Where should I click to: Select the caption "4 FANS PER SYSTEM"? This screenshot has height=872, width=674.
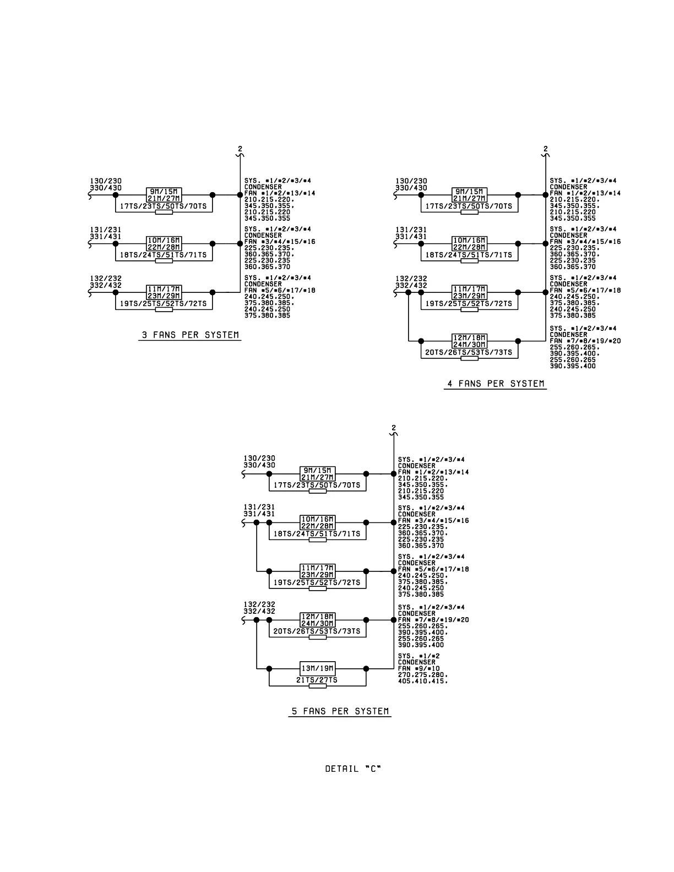pos(496,384)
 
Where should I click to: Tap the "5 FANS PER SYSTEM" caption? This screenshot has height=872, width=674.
pos(340,711)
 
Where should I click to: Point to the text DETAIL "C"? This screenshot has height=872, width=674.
pos(353,769)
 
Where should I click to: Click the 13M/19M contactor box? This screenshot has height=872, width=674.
pos(318,669)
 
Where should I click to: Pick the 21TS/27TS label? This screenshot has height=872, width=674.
pos(318,680)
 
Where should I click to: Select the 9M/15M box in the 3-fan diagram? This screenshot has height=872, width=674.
pos(164,192)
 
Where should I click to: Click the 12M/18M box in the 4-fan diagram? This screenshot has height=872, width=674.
pos(469,338)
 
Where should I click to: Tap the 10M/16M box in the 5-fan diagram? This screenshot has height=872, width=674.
pos(318,519)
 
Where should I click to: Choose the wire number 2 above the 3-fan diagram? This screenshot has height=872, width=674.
pos(240,149)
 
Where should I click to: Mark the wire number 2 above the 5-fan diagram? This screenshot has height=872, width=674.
pos(393,428)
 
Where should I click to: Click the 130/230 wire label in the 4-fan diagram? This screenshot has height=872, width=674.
pos(411,181)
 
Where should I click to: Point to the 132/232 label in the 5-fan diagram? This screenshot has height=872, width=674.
pos(259,604)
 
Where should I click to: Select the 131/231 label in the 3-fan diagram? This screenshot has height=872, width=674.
pos(106,230)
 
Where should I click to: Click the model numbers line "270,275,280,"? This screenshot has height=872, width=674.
pos(423,675)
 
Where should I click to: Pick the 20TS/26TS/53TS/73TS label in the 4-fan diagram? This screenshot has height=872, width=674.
pos(469,352)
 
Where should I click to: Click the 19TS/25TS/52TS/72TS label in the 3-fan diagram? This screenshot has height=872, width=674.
pos(164,303)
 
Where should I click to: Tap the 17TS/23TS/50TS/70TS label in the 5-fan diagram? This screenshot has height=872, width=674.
pos(318,485)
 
